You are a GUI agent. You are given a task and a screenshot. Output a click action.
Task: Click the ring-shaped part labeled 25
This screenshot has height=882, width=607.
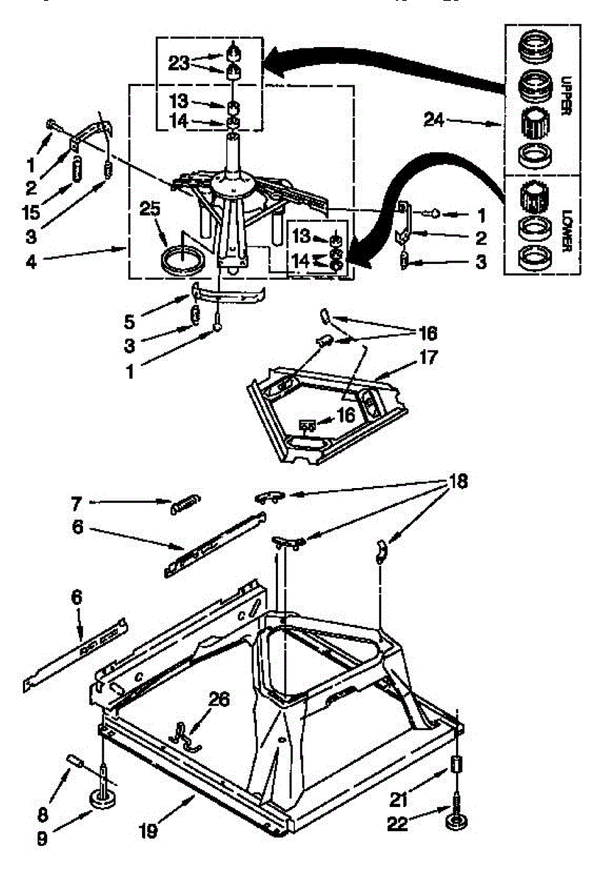click(178, 261)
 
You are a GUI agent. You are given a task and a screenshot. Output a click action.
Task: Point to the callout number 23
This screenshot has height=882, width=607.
click(180, 63)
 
